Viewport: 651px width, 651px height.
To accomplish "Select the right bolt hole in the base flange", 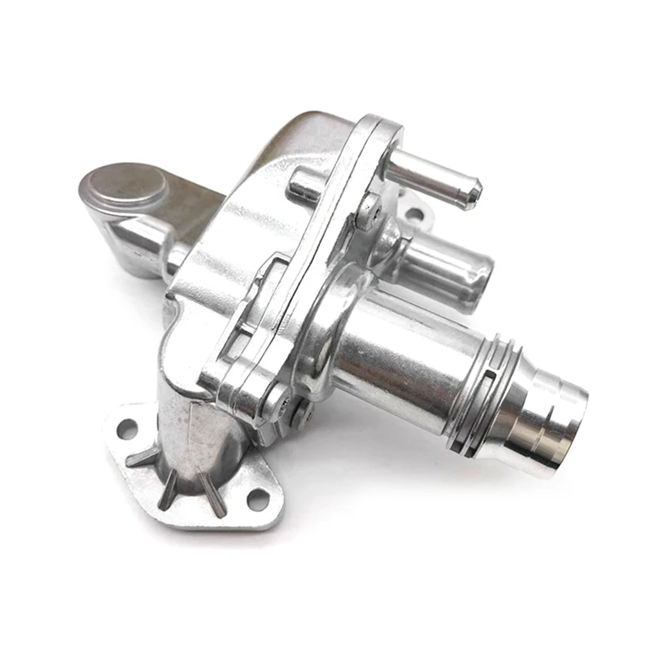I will click(x=258, y=497).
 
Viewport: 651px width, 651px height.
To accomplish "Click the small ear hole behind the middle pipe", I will click(x=414, y=215).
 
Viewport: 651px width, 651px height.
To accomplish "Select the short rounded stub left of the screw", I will click(x=303, y=186).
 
